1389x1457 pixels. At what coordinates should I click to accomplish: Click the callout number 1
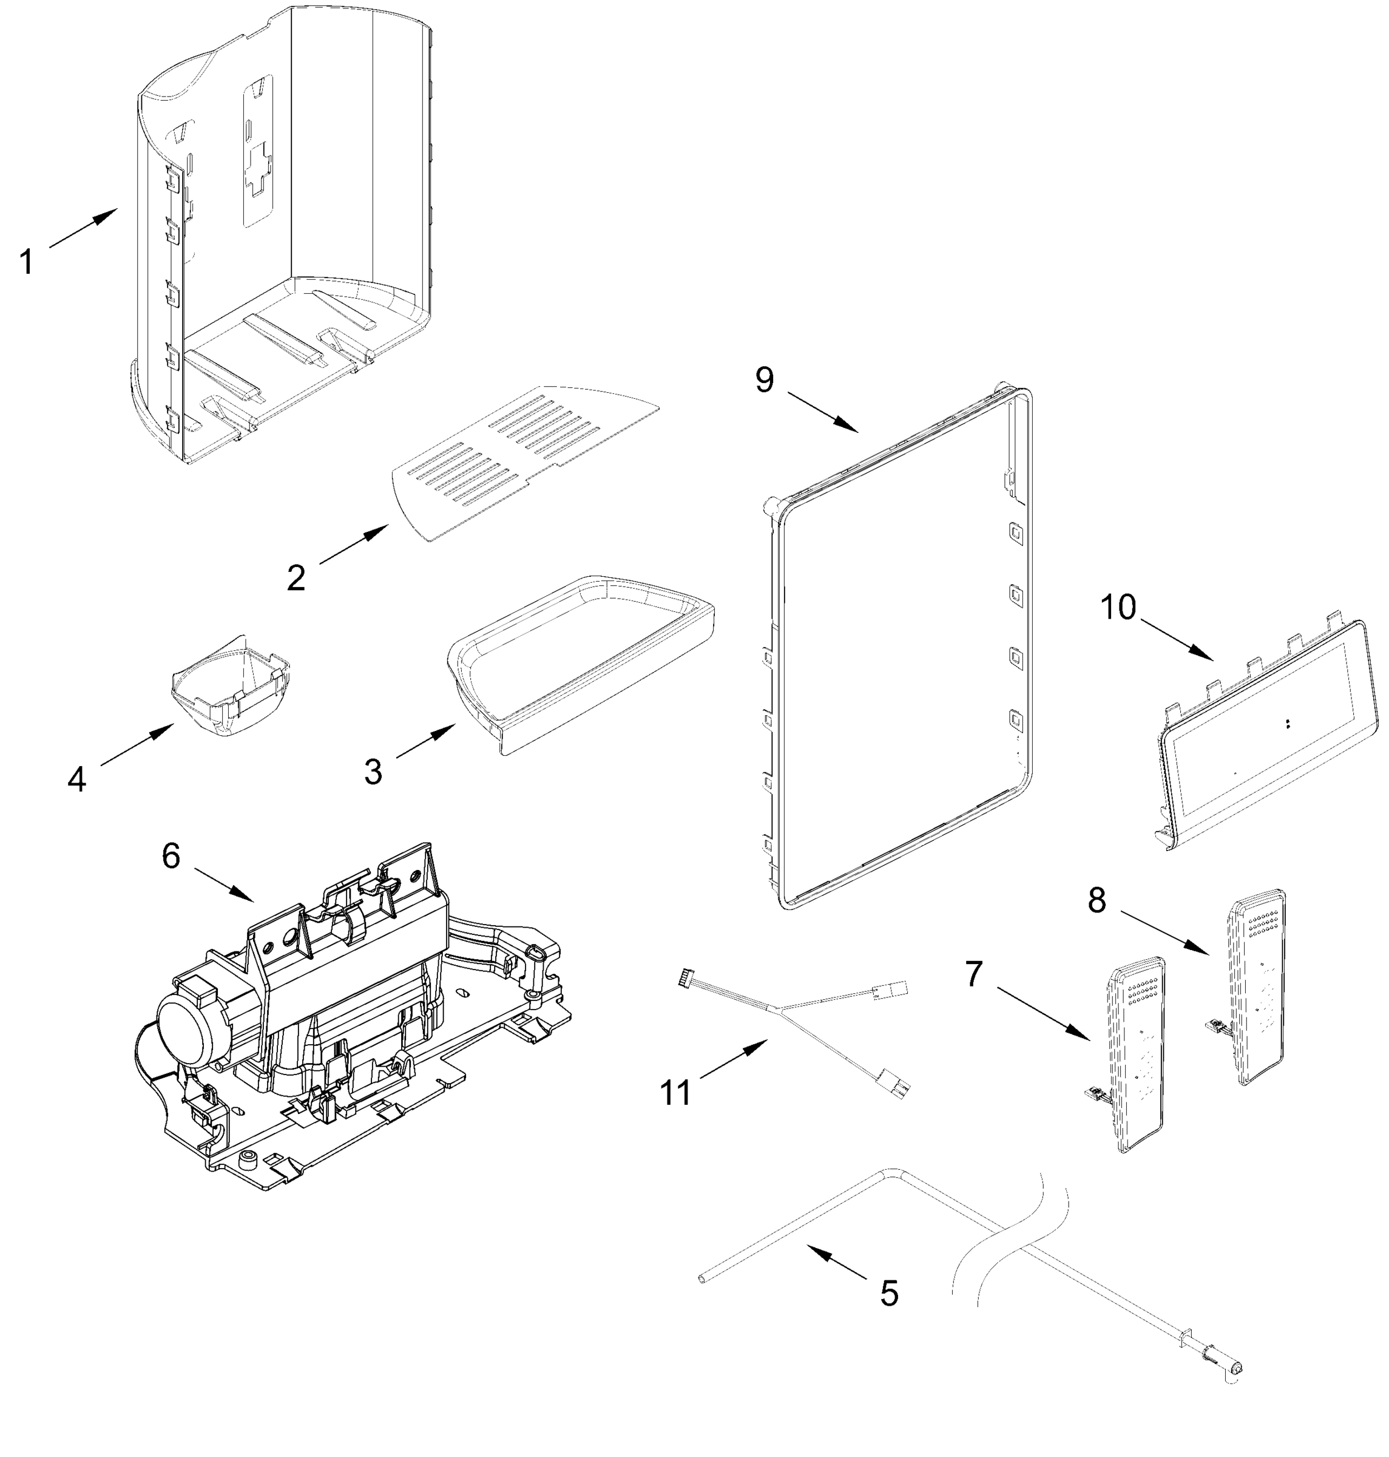pos(27,262)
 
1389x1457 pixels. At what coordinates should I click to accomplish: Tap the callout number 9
pos(764,379)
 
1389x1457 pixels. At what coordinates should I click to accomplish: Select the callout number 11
pos(675,1093)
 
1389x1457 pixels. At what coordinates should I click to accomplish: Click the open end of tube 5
pos(702,1279)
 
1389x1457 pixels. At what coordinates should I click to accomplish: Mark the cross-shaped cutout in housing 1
pos(258,171)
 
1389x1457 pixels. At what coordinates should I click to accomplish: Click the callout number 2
pos(296,578)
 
